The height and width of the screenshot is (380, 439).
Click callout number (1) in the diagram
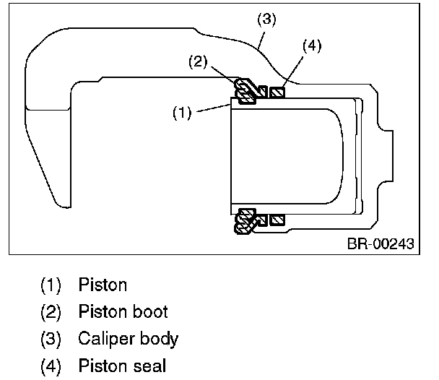click(182, 113)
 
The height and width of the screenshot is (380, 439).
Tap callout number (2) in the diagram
click(198, 62)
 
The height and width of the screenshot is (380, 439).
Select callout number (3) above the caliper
click(266, 20)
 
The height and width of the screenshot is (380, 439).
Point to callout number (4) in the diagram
click(312, 46)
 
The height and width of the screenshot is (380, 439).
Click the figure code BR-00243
click(381, 243)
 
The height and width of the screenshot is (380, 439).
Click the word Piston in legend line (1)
click(103, 285)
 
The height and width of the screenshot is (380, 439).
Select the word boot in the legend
click(151, 311)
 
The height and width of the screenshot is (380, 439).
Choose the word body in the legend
click(159, 339)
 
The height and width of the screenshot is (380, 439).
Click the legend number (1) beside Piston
click(51, 285)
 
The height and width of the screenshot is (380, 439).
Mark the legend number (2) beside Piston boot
click(51, 312)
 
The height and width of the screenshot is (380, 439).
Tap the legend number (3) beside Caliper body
click(51, 339)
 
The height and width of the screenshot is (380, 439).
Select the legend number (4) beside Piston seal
click(51, 366)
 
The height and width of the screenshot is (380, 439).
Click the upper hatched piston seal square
click(277, 92)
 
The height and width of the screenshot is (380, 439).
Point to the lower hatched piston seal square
click(277, 220)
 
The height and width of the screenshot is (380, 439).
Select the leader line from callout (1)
click(214, 108)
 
